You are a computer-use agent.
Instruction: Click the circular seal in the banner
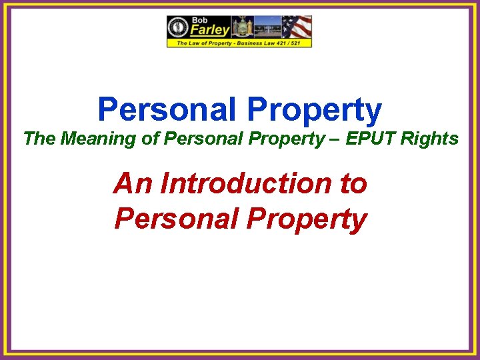(179, 27)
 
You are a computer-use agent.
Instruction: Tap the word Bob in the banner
(201, 20)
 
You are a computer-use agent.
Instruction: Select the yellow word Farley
(209, 30)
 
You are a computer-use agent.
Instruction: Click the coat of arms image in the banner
(240, 27)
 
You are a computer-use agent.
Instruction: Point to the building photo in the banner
(267, 27)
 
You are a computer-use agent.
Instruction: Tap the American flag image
(297, 27)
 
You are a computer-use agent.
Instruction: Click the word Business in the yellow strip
(242, 43)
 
